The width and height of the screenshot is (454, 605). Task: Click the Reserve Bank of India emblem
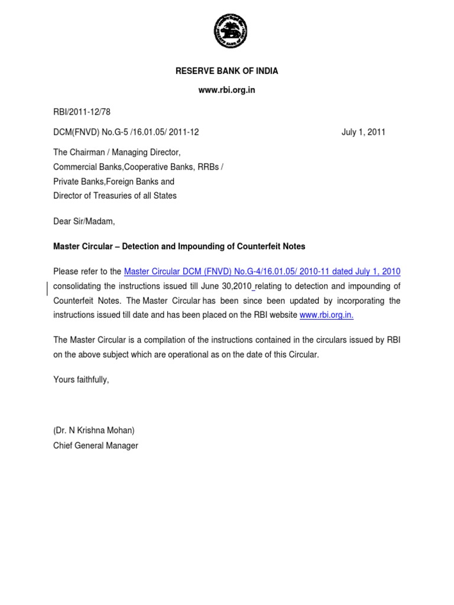pos(230,31)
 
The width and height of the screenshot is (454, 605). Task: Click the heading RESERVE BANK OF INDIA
pos(226,71)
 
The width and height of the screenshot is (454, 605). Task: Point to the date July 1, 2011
pos(363,132)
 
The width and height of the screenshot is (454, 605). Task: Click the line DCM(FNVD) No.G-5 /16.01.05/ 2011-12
pos(126,132)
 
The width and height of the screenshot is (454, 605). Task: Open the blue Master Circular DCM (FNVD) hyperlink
pos(262,272)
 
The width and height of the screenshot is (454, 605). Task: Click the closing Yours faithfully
pos(81,380)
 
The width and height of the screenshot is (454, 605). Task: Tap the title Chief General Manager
pos(95,445)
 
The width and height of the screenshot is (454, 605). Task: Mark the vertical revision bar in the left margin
pos(47,287)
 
